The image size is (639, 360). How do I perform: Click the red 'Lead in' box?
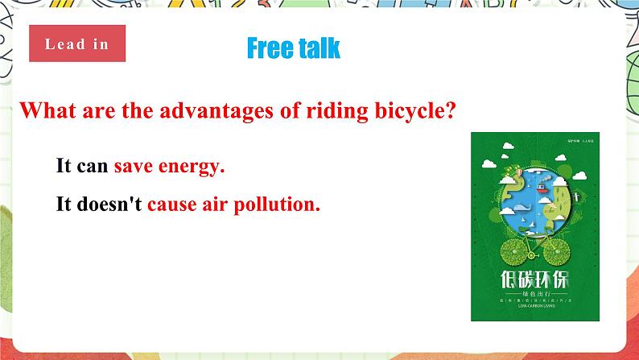click(77, 43)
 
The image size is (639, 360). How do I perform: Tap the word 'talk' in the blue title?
click(319, 48)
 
